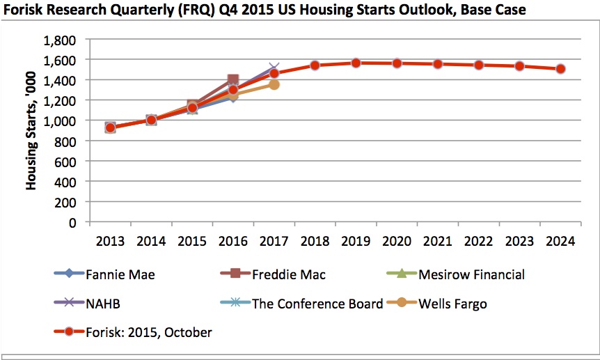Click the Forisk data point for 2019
[356, 63]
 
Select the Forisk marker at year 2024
[560, 69]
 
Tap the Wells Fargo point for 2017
[274, 84]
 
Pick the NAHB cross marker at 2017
[274, 68]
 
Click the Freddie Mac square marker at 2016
[233, 80]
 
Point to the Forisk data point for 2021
[438, 64]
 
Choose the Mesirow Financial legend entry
[471, 274]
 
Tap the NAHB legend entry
[100, 304]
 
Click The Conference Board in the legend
[317, 304]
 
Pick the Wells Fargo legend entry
[452, 304]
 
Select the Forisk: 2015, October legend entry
[148, 333]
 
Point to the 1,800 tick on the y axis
[63, 40]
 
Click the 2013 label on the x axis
[110, 241]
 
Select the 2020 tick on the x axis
[397, 241]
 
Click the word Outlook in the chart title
[406, 11]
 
